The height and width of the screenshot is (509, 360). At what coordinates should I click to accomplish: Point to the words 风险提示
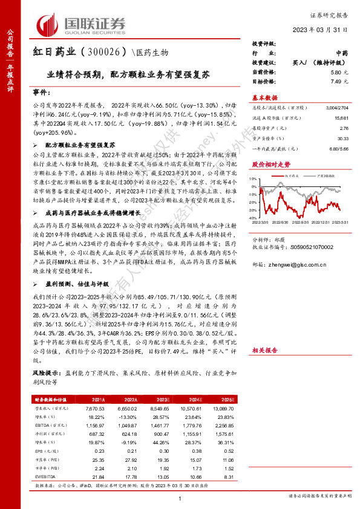coord(45,374)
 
